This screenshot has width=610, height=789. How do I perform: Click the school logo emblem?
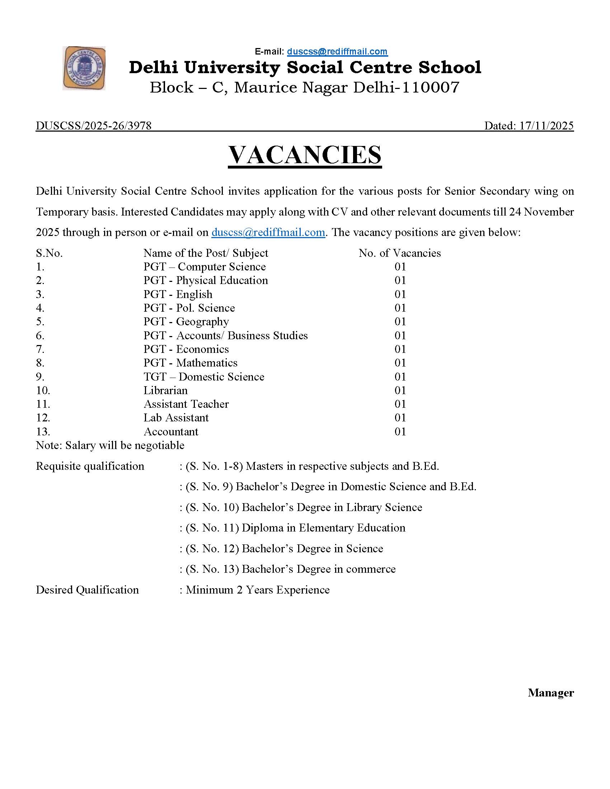pyautogui.click(x=84, y=68)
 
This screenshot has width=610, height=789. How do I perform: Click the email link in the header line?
pyautogui.click(x=337, y=52)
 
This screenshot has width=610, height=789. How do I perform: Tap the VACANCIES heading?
pyautogui.click(x=305, y=155)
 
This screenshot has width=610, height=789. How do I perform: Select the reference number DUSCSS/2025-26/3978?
pyautogui.click(x=94, y=126)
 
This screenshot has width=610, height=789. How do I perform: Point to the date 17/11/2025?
pyautogui.click(x=546, y=126)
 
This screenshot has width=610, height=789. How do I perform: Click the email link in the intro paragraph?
pyautogui.click(x=268, y=232)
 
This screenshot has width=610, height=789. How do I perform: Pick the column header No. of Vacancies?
pyautogui.click(x=400, y=253)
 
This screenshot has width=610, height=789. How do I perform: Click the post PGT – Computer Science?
pyautogui.click(x=205, y=267)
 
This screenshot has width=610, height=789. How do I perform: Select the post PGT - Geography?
pyautogui.click(x=186, y=322)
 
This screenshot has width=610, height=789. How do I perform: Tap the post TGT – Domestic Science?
pyautogui.click(x=204, y=377)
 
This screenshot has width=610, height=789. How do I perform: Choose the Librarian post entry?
pyautogui.click(x=165, y=391)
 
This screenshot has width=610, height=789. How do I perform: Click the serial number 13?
pyautogui.click(x=43, y=432)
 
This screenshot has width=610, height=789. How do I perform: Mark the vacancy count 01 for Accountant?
pyautogui.click(x=400, y=432)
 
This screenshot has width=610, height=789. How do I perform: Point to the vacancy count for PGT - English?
pyautogui.click(x=400, y=294)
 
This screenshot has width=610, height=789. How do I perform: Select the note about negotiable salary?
pyautogui.click(x=110, y=445)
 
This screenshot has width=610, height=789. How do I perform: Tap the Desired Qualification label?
pyautogui.click(x=88, y=590)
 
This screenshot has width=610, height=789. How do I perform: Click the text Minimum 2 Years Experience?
pyautogui.click(x=258, y=590)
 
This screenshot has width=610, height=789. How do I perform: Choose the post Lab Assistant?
pyautogui.click(x=176, y=418)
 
